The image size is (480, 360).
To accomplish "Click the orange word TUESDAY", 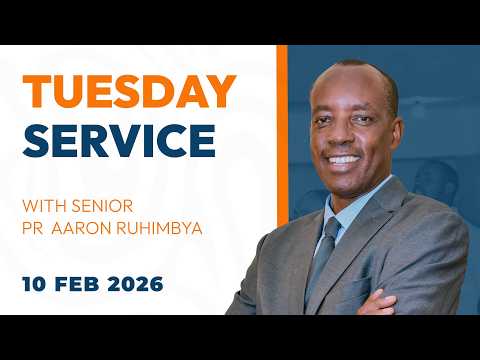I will point(130,92).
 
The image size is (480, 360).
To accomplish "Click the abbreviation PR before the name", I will point(36,228).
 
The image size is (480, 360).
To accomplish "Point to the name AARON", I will point(90,228).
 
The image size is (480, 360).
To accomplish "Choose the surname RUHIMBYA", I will point(164,228).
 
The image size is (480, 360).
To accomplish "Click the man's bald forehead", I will point(349,85).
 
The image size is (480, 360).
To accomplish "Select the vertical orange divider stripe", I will point(281,180).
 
